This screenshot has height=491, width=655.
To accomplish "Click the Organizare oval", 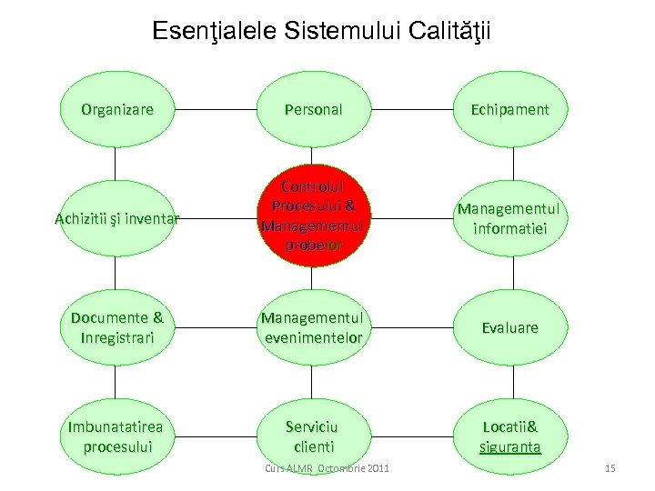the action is (x=116, y=110).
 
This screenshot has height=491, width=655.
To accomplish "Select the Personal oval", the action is (x=313, y=110).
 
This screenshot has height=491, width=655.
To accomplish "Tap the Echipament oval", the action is (x=509, y=110).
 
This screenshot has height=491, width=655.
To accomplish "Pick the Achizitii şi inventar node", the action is (x=116, y=218).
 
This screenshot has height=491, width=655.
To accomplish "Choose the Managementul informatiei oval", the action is (x=509, y=218).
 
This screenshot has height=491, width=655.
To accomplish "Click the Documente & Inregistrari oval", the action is (x=116, y=327).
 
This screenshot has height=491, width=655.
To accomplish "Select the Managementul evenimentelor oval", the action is (x=313, y=327).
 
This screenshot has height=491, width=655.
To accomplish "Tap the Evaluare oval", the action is (x=509, y=327).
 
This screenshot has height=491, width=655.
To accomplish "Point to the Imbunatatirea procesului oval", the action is (x=116, y=436).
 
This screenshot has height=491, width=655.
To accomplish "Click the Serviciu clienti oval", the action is (x=313, y=436).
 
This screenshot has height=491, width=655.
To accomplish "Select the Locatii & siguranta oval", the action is (x=509, y=436).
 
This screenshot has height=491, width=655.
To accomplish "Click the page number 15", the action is (x=610, y=468).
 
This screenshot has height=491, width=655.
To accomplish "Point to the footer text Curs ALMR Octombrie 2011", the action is (x=327, y=468).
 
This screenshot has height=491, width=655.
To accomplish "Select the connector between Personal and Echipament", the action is (x=411, y=110).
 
